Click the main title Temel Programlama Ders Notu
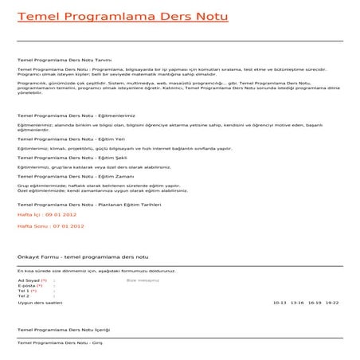point(122,16)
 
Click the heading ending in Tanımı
point(59,59)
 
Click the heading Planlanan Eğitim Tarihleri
point(90,204)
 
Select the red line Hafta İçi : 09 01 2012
point(48,215)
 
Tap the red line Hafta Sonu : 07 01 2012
point(50,226)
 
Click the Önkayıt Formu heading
point(84,257)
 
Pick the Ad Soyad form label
point(29,281)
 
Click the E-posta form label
point(28,286)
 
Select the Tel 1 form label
point(25,291)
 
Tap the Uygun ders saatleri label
point(40,303)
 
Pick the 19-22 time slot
point(331,303)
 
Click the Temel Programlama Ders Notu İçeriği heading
point(64,329)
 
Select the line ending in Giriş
point(61,342)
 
